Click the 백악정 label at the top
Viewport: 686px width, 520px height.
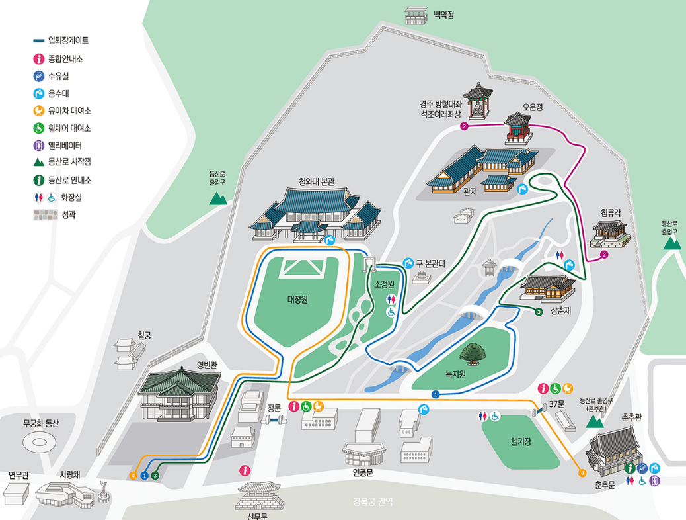tap(443, 14)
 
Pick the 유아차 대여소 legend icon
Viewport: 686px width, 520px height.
tap(40, 111)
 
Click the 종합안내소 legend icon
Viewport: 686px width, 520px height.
tap(40, 58)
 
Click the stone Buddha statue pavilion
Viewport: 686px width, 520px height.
tap(477, 103)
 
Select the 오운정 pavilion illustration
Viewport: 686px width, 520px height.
tap(518, 127)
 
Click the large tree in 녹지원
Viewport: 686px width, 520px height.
tap(473, 353)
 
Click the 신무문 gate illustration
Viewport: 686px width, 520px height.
tap(261, 496)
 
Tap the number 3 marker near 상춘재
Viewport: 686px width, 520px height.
tap(539, 311)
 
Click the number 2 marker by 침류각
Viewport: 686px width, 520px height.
tap(603, 255)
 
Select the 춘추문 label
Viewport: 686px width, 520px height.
tap(605, 486)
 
